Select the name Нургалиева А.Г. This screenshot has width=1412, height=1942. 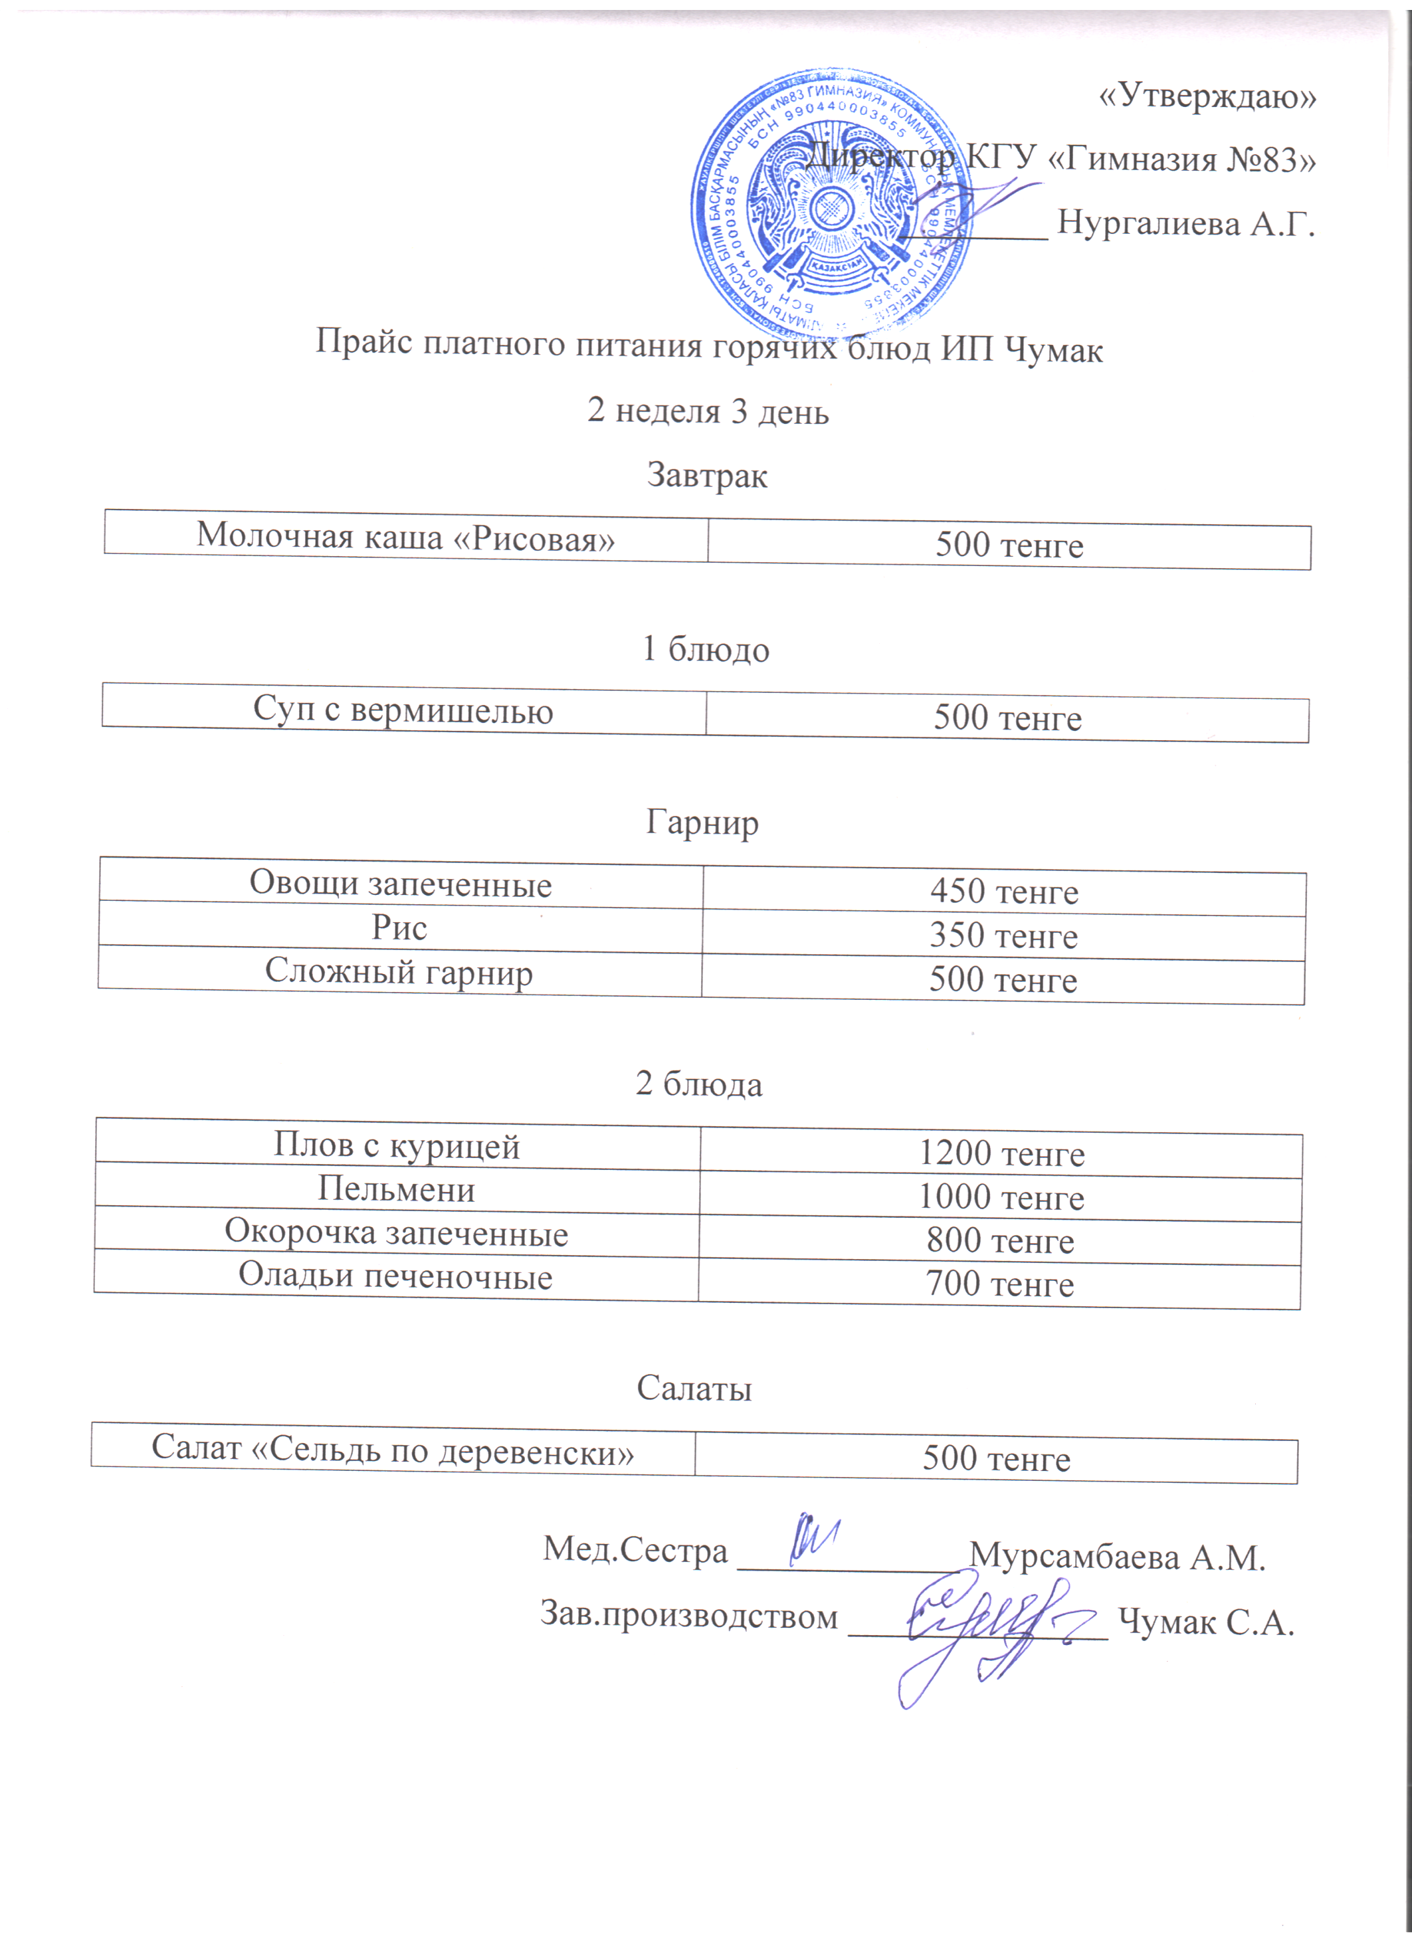point(1186,223)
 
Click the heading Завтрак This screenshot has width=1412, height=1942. point(706,474)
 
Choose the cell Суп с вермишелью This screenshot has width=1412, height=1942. point(403,711)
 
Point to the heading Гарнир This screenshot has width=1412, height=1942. point(702,822)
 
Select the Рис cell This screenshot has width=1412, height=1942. point(399,928)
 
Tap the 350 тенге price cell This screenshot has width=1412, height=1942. point(1003,936)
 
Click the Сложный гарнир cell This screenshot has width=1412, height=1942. point(399,972)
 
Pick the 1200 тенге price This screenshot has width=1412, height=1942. point(1001,1154)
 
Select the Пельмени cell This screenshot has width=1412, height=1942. point(397,1189)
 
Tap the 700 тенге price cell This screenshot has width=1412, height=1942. point(999,1284)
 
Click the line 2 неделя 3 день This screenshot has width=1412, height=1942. point(708,411)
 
